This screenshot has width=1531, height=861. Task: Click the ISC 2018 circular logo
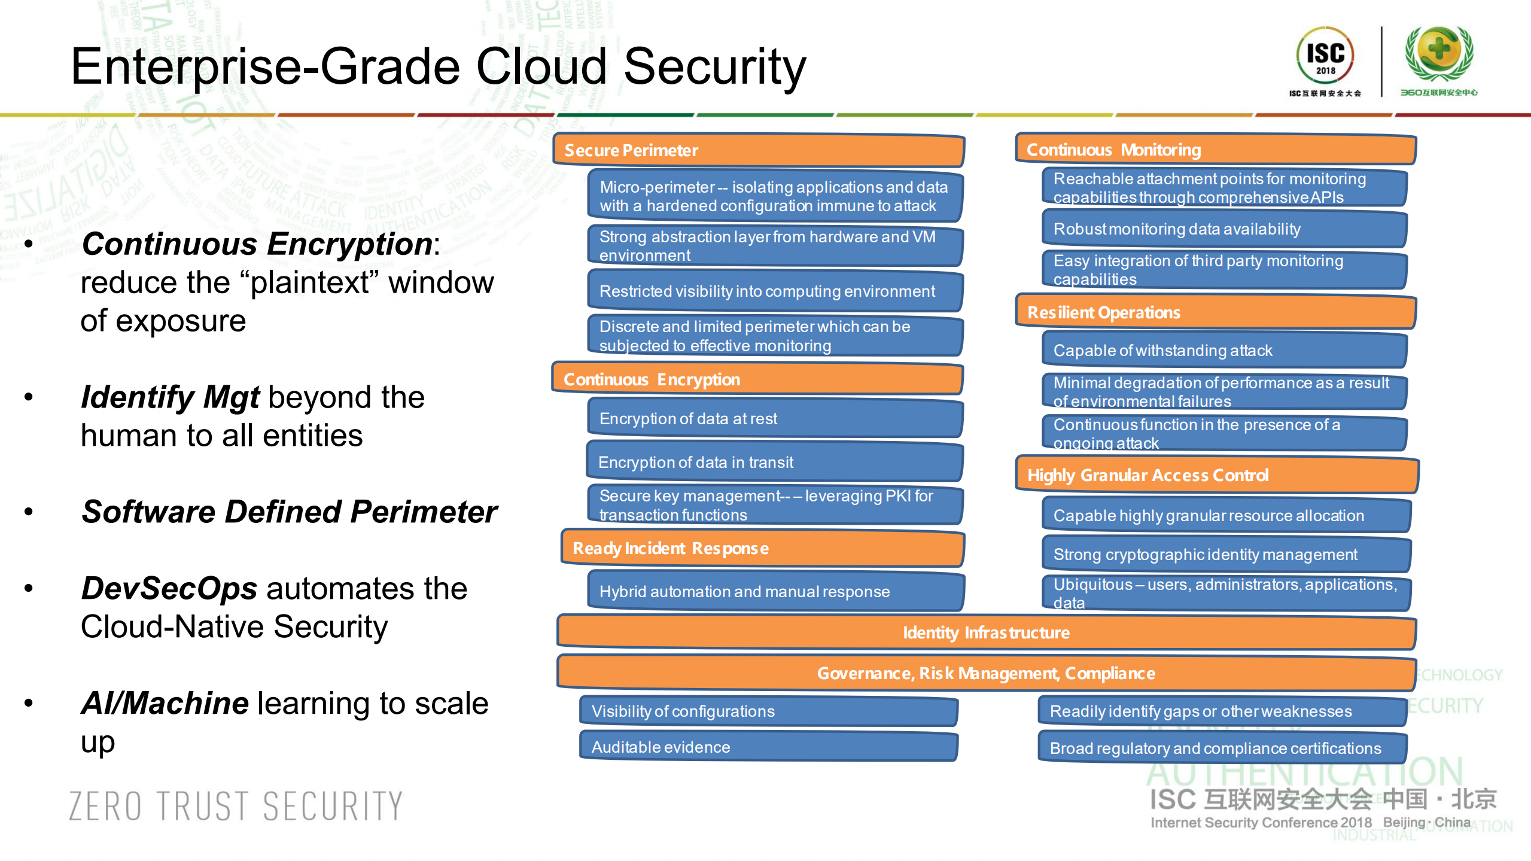[1325, 55]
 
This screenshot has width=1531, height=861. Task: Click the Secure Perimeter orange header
[758, 150]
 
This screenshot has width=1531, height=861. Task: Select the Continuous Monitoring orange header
[1215, 150]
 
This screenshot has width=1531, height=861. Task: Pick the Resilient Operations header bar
[1215, 312]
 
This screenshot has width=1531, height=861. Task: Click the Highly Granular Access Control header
[1216, 475]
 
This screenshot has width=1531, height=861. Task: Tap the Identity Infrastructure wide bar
[986, 632]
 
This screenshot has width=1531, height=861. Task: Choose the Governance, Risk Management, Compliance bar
[986, 673]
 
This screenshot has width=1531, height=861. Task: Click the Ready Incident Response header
[762, 548]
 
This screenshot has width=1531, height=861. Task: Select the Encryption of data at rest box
[775, 418]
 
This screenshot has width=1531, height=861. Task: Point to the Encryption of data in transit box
[774, 462]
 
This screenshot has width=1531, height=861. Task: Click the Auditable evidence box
[768, 747]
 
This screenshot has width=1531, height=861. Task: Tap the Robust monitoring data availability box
[1223, 229]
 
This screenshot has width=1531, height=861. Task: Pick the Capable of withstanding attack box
[1223, 350]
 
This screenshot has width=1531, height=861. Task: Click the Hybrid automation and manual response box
[775, 591]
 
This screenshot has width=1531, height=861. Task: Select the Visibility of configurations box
[768, 711]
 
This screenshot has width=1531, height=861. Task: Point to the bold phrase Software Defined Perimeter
[289, 512]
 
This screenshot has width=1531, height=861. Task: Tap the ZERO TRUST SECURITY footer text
[236, 806]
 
